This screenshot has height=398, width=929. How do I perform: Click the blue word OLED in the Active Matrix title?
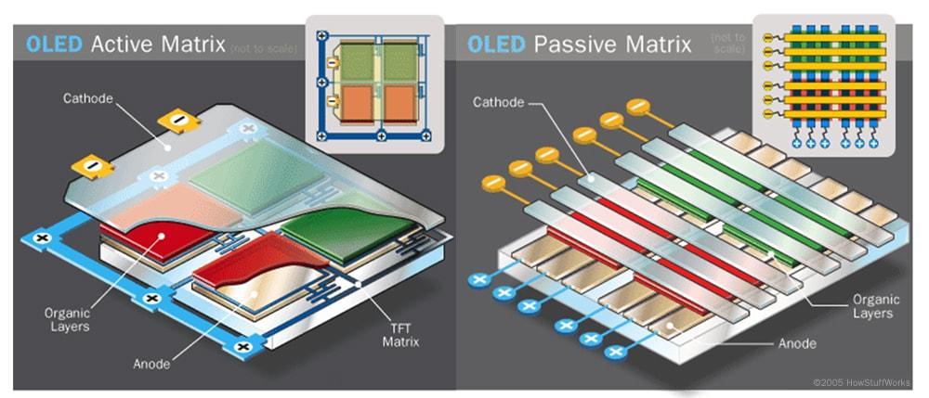pyautogui.click(x=54, y=44)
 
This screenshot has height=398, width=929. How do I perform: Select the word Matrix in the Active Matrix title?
pyautogui.click(x=196, y=44)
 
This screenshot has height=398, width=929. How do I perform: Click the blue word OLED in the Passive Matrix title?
pyautogui.click(x=497, y=44)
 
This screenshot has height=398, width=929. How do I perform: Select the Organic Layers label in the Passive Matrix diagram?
pyautogui.click(x=870, y=305)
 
